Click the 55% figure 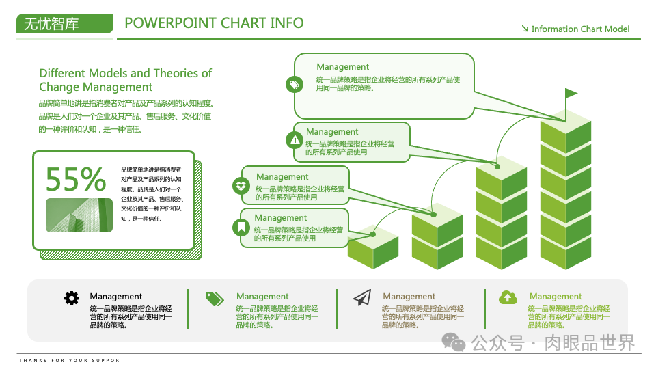point(76,179)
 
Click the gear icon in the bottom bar point(72,298)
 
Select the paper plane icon point(362,297)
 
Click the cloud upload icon point(508,297)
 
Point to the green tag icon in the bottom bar point(215,298)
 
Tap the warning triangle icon point(295,140)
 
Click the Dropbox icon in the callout point(241,185)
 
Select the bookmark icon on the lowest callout point(241,227)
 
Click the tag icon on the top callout point(294,85)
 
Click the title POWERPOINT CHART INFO point(214,23)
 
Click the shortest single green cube point(372,246)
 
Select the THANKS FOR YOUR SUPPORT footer point(72,360)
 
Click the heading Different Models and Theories point(125,80)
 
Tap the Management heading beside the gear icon point(116,297)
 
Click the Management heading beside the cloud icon point(556,297)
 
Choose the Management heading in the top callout point(342,67)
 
